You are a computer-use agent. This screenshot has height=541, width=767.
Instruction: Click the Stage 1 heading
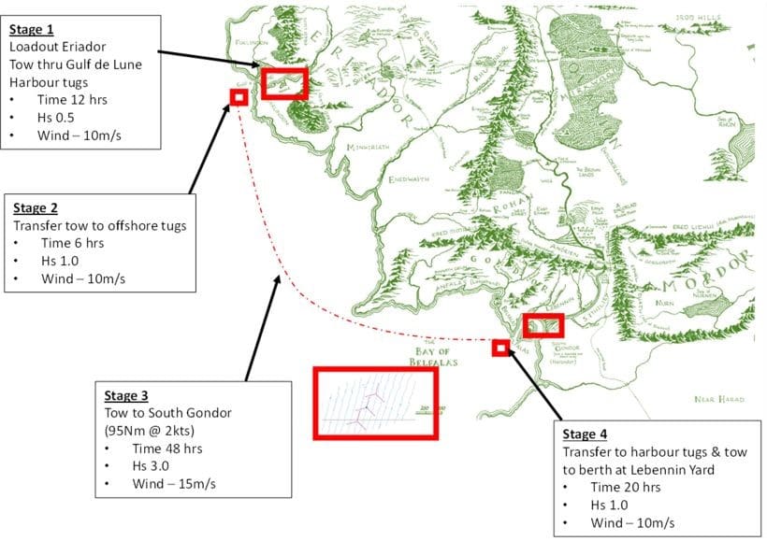(31, 29)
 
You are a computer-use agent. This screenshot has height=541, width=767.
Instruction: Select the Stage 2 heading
(35, 208)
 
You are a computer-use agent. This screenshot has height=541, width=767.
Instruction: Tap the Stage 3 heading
(126, 395)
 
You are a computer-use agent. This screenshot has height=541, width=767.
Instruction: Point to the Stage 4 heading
(585, 435)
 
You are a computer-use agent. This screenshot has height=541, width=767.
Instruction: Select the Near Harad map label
(718, 399)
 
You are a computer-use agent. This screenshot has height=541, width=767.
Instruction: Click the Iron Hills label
(701, 17)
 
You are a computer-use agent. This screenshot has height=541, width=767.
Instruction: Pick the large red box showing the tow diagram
(375, 403)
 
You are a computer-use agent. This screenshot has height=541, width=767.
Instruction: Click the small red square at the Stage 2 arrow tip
(238, 96)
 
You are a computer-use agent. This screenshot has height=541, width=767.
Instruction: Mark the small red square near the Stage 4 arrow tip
(499, 348)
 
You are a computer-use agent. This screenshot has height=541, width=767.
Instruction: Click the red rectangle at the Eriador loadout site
(283, 83)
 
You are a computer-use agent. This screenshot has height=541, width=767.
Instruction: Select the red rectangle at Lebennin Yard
(543, 325)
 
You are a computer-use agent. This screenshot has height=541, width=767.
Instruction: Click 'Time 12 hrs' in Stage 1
(55, 99)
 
